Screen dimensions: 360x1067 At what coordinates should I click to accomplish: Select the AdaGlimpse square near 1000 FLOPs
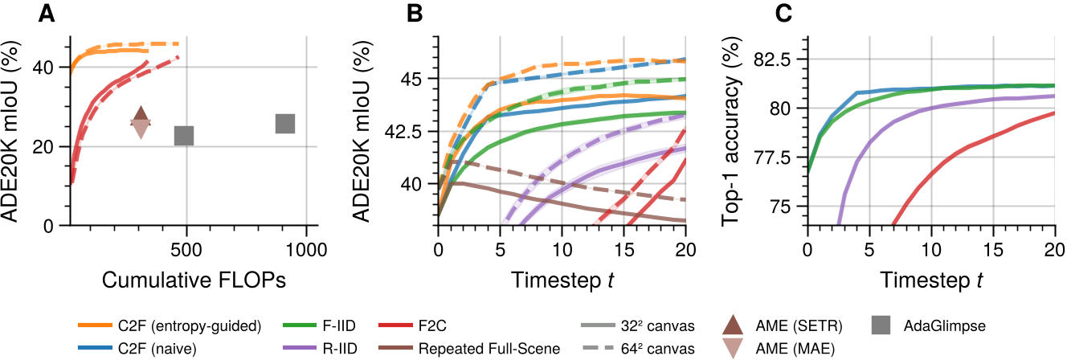pos(285,123)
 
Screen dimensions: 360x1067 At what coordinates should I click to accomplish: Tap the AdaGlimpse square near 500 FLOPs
pos(184,135)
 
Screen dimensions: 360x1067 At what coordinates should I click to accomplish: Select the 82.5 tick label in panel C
pos(773,59)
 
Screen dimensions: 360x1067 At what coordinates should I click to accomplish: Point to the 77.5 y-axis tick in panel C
pos(773,157)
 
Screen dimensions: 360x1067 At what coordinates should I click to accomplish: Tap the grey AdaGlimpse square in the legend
pos(882,325)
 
